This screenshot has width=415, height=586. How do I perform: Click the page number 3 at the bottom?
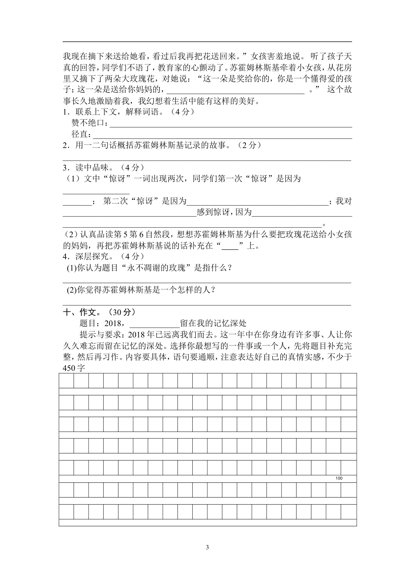pyautogui.click(x=207, y=547)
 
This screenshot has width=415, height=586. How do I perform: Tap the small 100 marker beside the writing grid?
pyautogui.click(x=339, y=478)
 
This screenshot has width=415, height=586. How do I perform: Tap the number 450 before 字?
pyautogui.click(x=70, y=368)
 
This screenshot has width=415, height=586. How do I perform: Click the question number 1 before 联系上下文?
pyautogui.click(x=65, y=112)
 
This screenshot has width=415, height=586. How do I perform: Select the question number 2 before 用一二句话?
pyautogui.click(x=65, y=145)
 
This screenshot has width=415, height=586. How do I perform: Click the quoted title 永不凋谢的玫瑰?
pyautogui.click(x=156, y=268)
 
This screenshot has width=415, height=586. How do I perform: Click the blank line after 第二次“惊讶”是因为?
pyautogui.click(x=257, y=201)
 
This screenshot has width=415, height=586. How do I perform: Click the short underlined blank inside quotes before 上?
pyautogui.click(x=230, y=246)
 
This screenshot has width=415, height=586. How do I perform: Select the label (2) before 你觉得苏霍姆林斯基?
pyautogui.click(x=72, y=290)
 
